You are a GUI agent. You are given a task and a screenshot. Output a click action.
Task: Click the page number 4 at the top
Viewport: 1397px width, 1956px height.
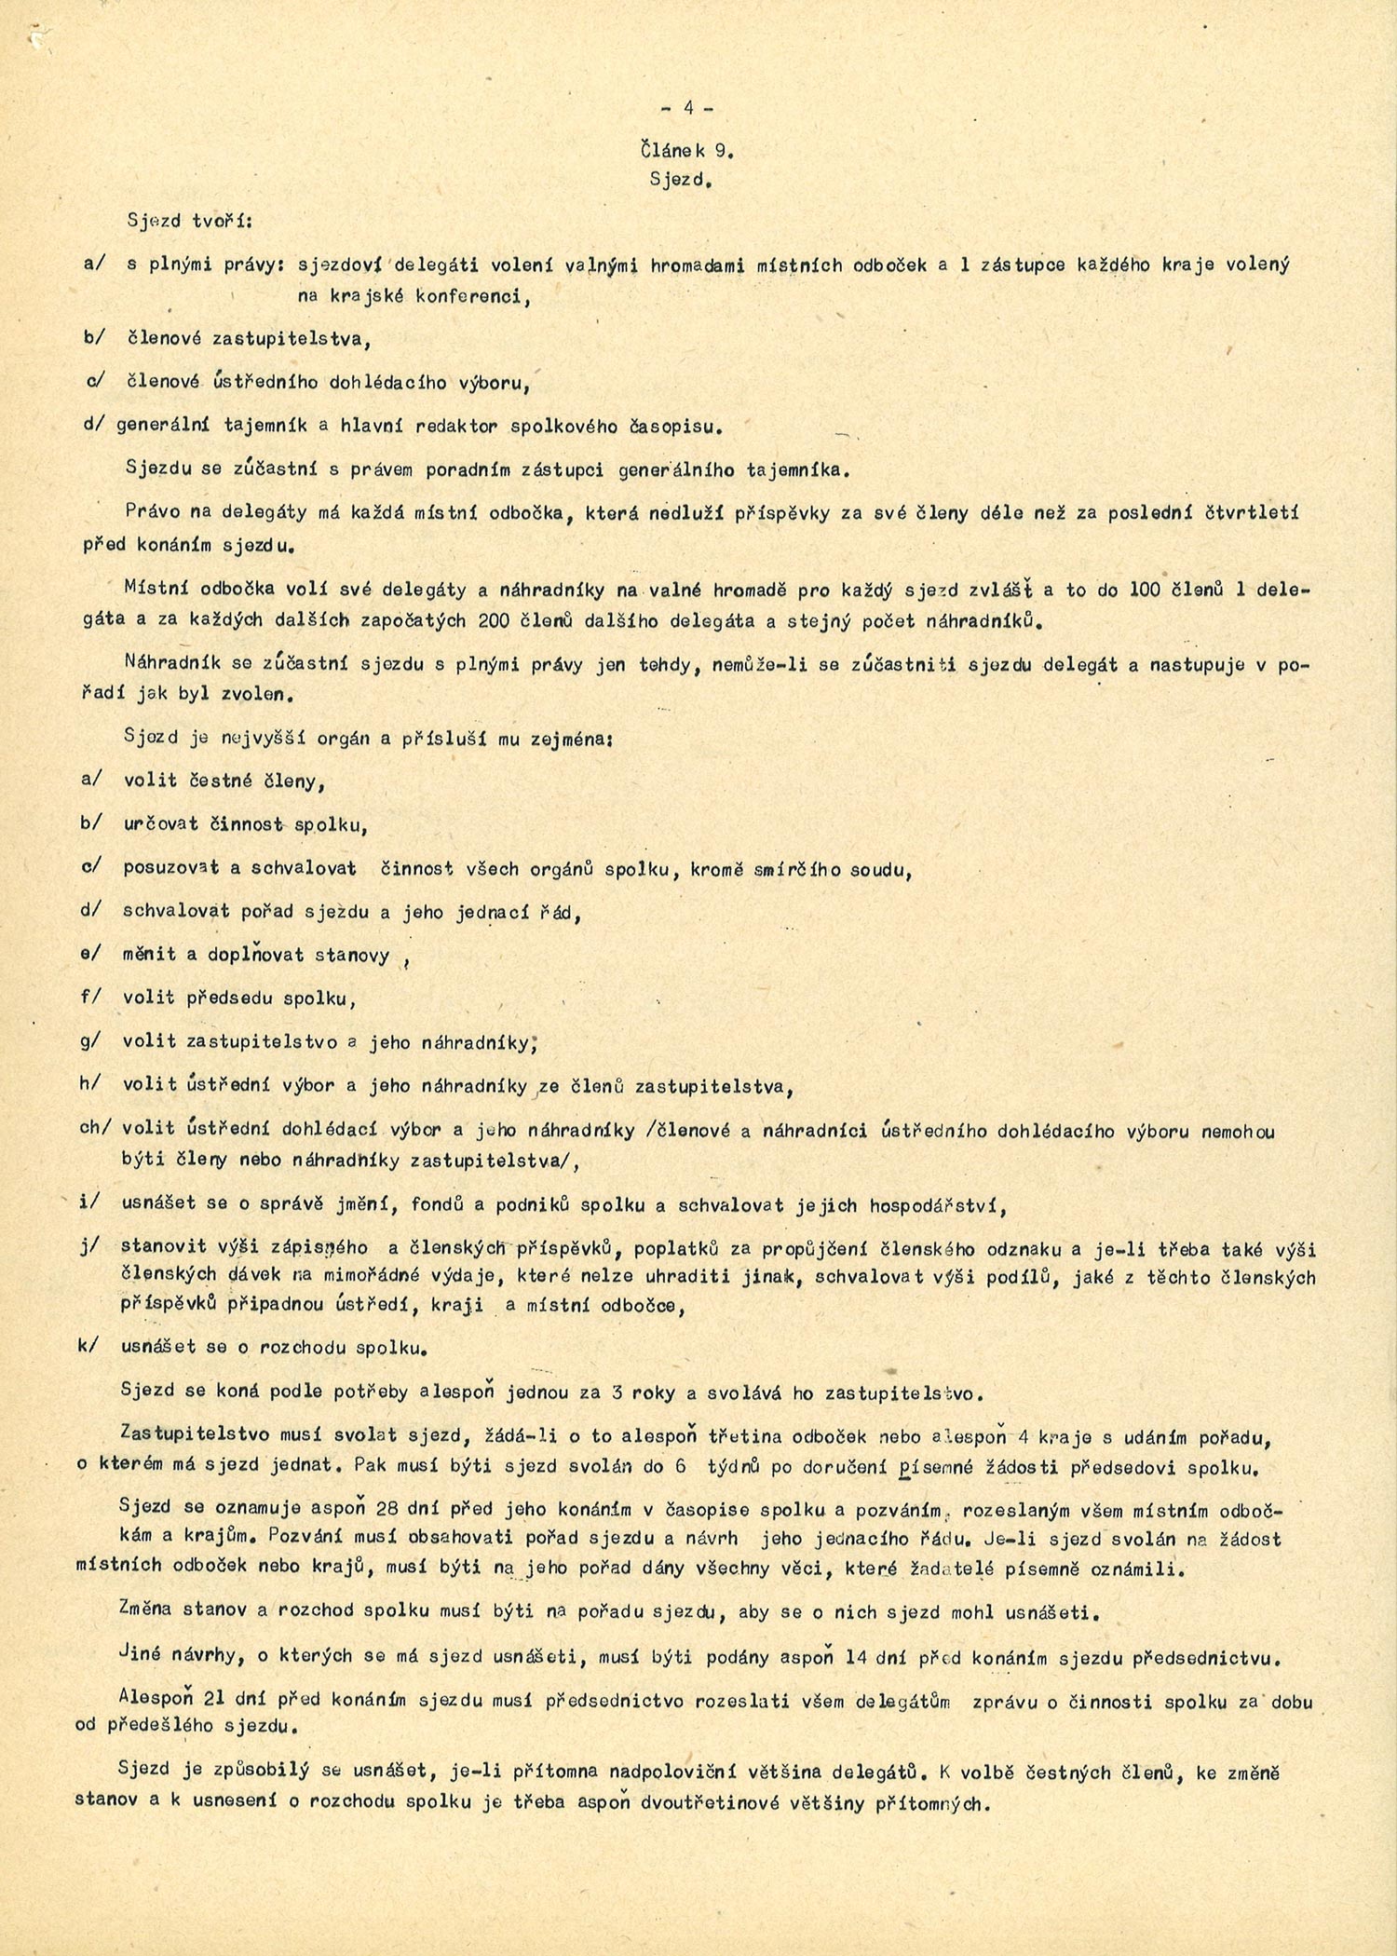tap(688, 108)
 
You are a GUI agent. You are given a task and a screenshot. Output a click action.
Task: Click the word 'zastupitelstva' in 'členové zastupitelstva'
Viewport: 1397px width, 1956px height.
tap(292, 339)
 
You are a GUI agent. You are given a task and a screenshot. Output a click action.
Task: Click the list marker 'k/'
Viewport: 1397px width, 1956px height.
tap(89, 1347)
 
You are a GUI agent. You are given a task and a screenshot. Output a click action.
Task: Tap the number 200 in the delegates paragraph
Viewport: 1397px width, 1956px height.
tap(494, 621)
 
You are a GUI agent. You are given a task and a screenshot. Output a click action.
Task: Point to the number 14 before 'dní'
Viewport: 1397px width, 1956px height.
tap(858, 1658)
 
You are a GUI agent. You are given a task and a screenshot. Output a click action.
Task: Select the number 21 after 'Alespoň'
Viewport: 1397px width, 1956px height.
tap(213, 1701)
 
